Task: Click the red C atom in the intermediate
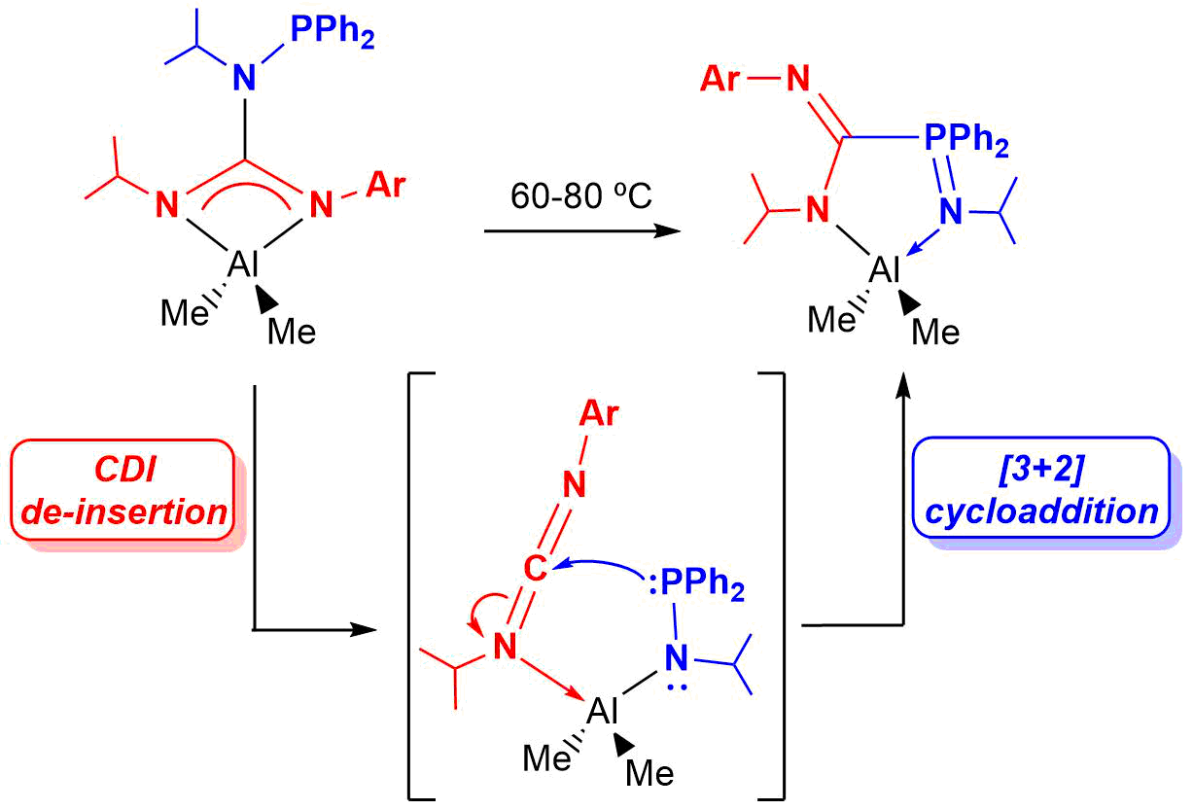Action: (537, 570)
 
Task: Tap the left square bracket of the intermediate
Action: (412, 583)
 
